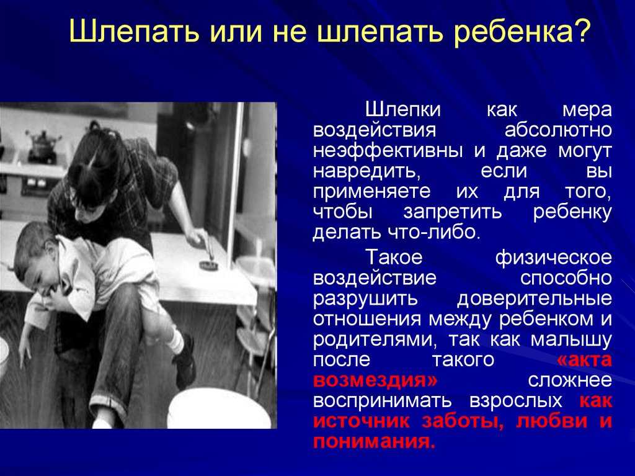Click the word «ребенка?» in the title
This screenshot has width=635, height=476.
pos(520,32)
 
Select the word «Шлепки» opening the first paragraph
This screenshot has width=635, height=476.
pos(403,110)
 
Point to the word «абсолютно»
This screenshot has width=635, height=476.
pos(558,130)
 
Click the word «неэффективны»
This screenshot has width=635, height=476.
pos(388,151)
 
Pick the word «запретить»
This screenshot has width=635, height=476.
pos(453,212)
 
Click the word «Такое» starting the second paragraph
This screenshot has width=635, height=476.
pos(394,257)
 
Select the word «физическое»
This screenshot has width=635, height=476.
pos(554,258)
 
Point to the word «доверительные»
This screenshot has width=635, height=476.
pos(535,299)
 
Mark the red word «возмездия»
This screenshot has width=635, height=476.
pos(375,380)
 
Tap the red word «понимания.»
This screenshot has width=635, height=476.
pos(374,441)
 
